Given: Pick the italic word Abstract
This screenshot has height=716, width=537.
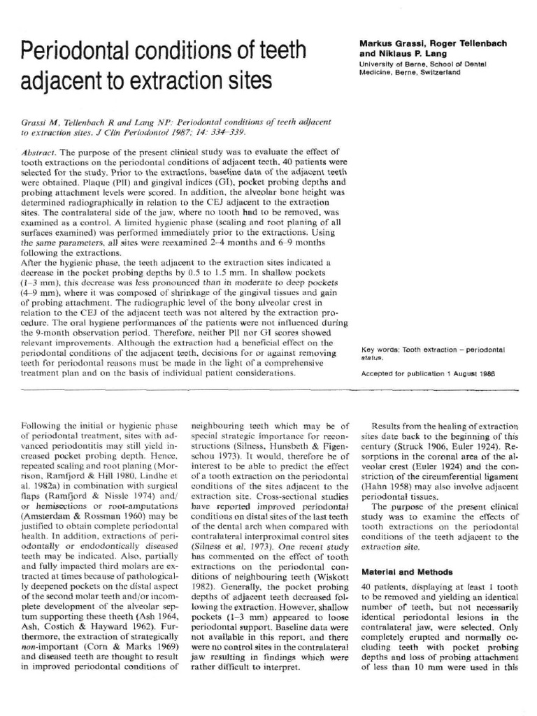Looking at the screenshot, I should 37,152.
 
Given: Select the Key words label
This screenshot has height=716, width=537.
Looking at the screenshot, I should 382,349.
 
